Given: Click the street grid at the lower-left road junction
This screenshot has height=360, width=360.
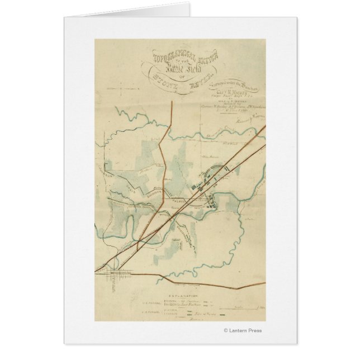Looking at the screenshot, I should (117, 272).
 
